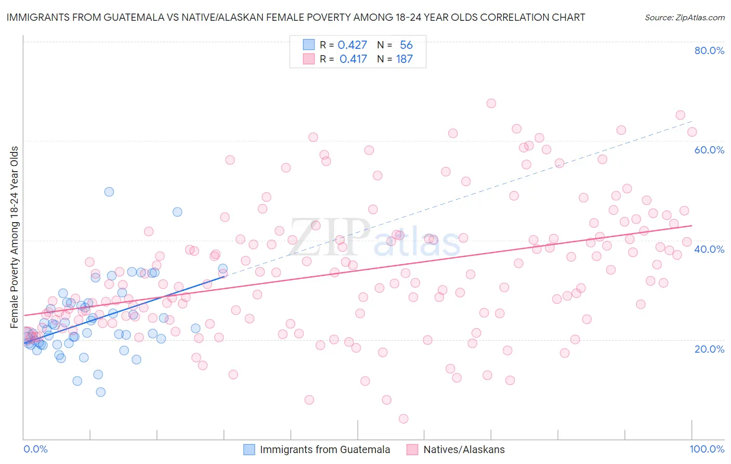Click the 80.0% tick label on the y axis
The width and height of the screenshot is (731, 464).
709,50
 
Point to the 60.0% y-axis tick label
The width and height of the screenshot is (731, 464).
709,150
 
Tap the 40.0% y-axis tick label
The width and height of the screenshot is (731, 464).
709,249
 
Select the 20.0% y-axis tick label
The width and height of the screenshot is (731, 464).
709,349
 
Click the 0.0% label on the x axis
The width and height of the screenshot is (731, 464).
35,449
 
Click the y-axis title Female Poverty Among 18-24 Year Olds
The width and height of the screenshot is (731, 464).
15,237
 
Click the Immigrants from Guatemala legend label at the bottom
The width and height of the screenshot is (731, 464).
325,450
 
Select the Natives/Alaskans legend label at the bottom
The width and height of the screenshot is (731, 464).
464,450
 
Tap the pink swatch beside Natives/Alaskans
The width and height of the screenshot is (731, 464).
412,450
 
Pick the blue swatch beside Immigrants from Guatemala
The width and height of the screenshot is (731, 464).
249,450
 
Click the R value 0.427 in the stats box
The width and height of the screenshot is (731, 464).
353,45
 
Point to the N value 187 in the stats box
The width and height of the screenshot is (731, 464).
404,59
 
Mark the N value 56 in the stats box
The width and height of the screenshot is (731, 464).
406,45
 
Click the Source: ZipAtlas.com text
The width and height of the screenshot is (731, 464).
684,18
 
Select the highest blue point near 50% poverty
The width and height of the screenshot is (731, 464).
109,192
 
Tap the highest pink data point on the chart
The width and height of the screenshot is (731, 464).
491,104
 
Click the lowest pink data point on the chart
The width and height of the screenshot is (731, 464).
403,419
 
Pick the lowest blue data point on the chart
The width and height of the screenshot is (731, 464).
101,392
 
